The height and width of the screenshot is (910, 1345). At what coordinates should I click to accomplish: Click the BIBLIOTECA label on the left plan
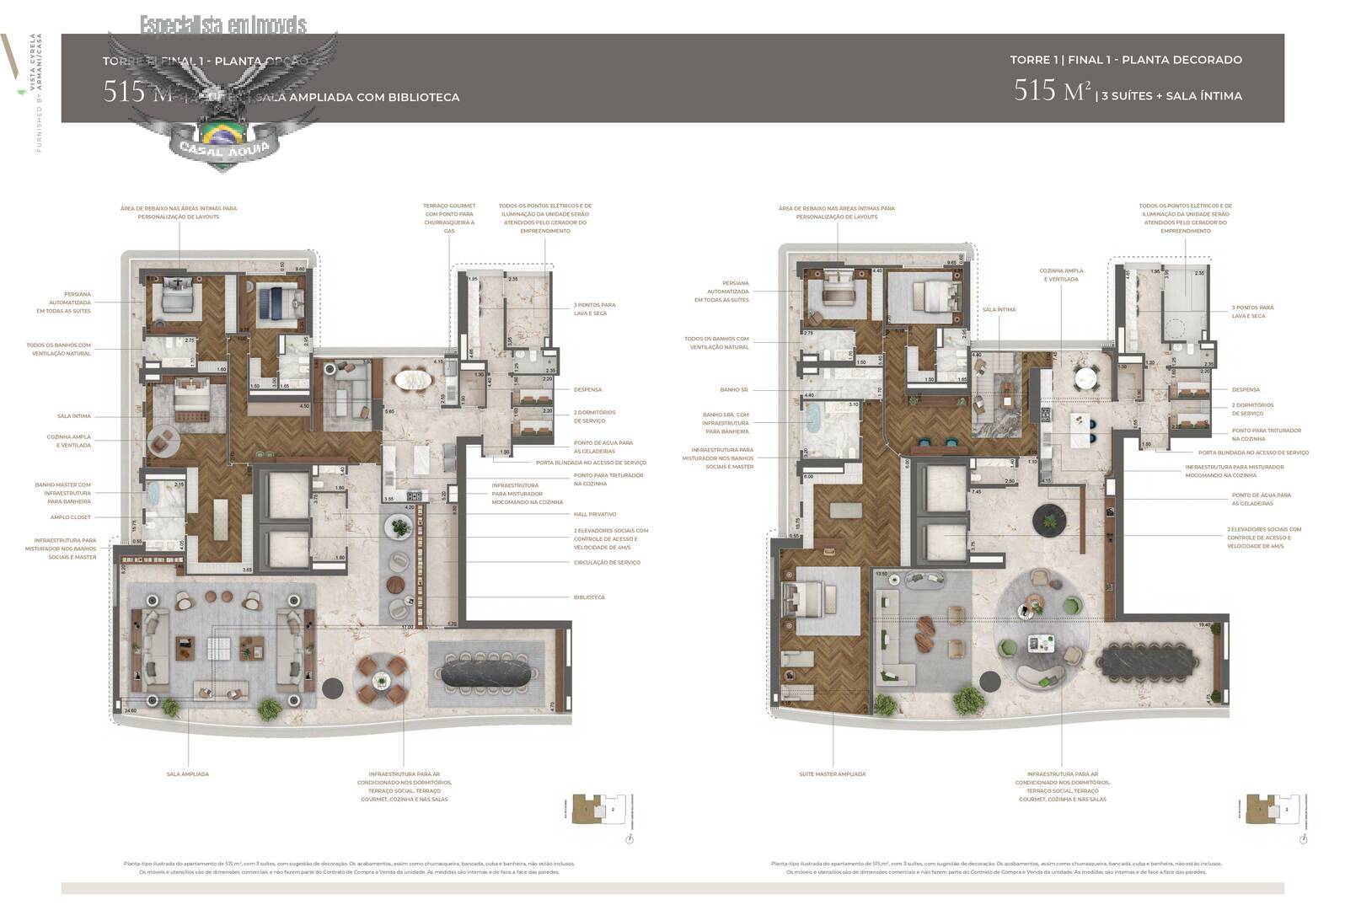pyautogui.click(x=589, y=597)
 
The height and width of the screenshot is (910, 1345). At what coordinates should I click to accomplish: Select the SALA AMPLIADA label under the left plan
pyautogui.click(x=188, y=773)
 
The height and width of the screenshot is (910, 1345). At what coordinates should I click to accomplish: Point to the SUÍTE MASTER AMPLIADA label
pyautogui.click(x=833, y=773)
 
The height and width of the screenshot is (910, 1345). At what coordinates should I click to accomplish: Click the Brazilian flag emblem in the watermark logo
pyautogui.click(x=222, y=133)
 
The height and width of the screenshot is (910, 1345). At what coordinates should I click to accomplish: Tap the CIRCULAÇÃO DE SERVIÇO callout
pyautogui.click(x=607, y=562)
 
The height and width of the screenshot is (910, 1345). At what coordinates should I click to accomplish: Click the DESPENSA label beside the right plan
pyautogui.click(x=1246, y=389)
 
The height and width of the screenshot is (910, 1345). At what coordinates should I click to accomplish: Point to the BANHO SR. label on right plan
pyautogui.click(x=735, y=390)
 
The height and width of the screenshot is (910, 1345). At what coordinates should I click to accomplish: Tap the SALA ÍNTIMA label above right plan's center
pyautogui.click(x=999, y=309)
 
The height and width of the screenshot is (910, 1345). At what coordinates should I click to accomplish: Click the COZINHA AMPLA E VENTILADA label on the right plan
pyautogui.click(x=1063, y=275)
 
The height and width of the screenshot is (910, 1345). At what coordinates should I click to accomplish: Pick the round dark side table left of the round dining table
pyautogui.click(x=333, y=687)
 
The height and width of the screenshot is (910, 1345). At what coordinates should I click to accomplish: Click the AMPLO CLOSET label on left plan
pyautogui.click(x=71, y=517)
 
